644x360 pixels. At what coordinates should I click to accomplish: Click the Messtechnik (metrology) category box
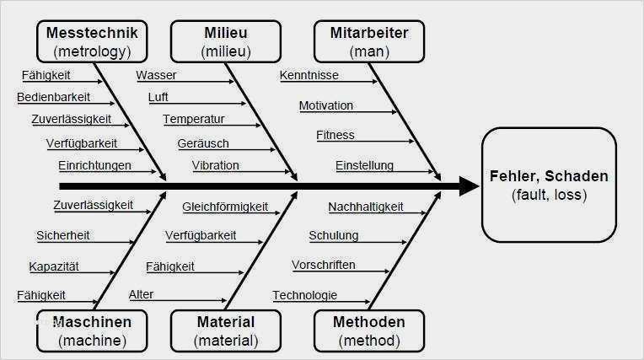click(x=92, y=41)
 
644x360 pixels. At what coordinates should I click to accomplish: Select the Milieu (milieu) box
click(x=226, y=41)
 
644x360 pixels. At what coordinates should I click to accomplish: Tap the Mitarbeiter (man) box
click(x=369, y=41)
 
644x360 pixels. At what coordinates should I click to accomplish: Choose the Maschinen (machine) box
click(x=92, y=330)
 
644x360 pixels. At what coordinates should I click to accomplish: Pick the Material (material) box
click(x=226, y=330)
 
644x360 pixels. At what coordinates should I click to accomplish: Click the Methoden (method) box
click(x=369, y=330)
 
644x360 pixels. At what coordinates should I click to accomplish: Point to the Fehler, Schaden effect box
click(x=549, y=185)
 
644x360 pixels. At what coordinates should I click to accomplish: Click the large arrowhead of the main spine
click(x=469, y=186)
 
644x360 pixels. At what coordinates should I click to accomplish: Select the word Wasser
click(x=156, y=75)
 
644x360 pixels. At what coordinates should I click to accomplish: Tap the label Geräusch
click(x=203, y=143)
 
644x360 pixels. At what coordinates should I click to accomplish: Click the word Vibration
click(x=215, y=165)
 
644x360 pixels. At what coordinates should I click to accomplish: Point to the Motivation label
click(x=326, y=105)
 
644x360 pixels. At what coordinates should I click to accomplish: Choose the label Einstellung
click(x=365, y=165)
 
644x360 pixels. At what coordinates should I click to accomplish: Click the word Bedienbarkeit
click(x=53, y=97)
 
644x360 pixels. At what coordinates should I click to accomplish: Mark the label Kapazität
click(x=54, y=266)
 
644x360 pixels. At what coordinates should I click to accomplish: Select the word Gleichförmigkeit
click(x=225, y=207)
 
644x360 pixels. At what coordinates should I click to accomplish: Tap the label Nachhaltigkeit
click(x=366, y=207)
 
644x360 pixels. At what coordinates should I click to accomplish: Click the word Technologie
click(x=305, y=295)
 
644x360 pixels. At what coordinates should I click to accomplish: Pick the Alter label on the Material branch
click(x=141, y=294)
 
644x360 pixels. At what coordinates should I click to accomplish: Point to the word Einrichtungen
click(x=95, y=165)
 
